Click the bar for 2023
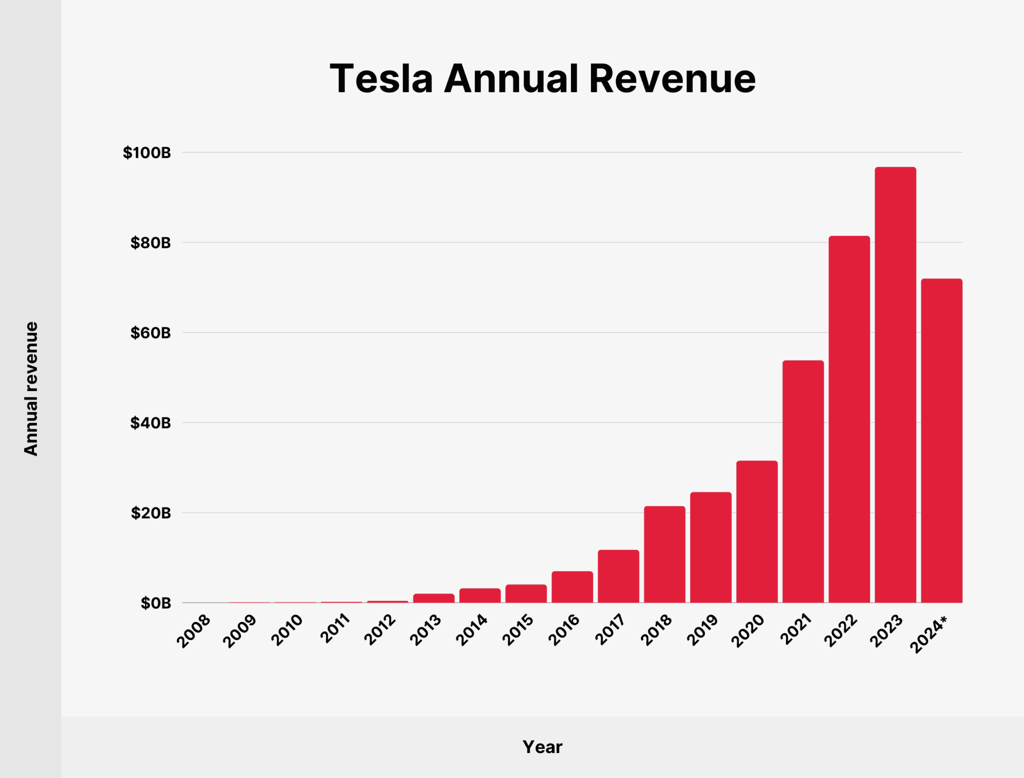pyautogui.click(x=895, y=385)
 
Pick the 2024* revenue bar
pyautogui.click(x=941, y=440)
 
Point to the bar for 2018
pyautogui.click(x=664, y=554)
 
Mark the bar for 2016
pyautogui.click(x=572, y=587)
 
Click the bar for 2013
pyautogui.click(x=433, y=598)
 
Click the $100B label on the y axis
pyautogui.click(x=147, y=153)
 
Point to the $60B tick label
pyautogui.click(x=150, y=333)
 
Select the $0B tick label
pyautogui.click(x=155, y=603)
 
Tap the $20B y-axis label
pyautogui.click(x=150, y=513)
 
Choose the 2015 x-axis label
pyautogui.click(x=517, y=630)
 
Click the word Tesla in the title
pyautogui.click(x=381, y=79)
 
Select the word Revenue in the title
pyautogui.click(x=672, y=79)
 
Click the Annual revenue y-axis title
pyautogui.click(x=31, y=388)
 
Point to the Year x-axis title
pyautogui.click(x=542, y=747)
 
